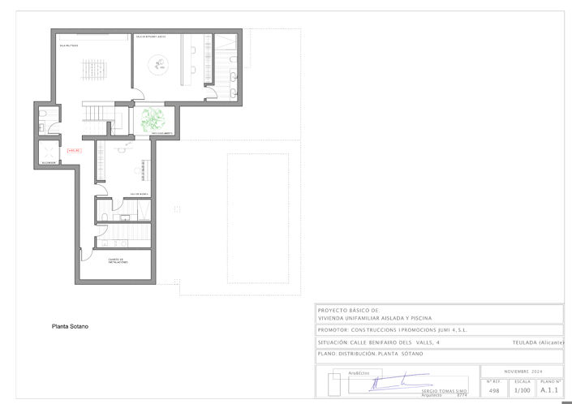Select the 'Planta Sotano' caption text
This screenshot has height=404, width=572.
[x=70, y=326]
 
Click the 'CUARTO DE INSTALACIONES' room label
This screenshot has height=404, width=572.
[x=118, y=260]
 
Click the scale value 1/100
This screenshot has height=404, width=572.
[x=523, y=390]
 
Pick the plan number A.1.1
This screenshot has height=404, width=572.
[x=549, y=390]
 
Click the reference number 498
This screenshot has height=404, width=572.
[x=494, y=390]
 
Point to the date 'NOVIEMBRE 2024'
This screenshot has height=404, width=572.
[x=522, y=370]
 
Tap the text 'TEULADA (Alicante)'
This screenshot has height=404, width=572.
[x=538, y=342]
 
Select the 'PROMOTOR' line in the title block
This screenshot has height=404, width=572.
[x=392, y=331]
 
